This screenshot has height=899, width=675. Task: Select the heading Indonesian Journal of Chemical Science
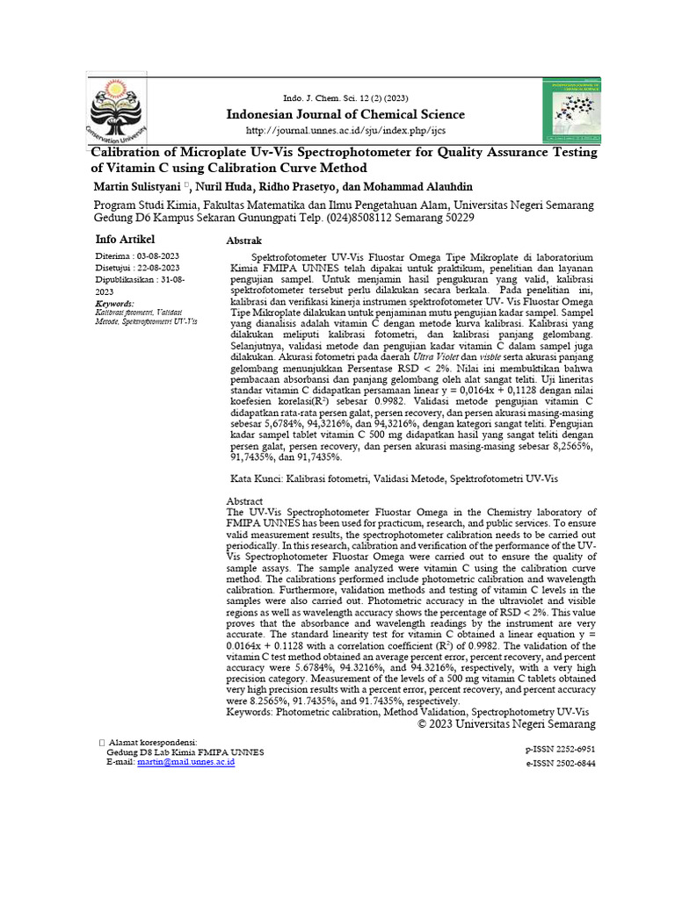(x=346, y=115)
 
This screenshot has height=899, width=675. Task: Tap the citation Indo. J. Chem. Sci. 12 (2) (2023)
(x=345, y=97)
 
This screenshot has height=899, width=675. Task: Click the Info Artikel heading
(x=124, y=239)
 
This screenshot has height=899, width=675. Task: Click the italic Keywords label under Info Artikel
(x=114, y=303)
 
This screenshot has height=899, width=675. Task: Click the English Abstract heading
(x=245, y=501)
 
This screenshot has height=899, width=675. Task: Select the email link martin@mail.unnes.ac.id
(x=186, y=763)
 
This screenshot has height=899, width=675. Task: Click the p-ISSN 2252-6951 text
(x=560, y=750)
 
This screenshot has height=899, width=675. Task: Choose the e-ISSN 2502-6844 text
(x=560, y=764)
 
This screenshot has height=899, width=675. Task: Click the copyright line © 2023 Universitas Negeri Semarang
(x=506, y=724)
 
